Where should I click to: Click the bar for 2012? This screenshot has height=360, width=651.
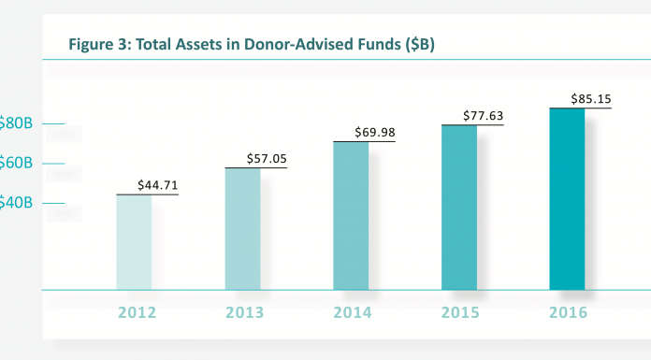134,242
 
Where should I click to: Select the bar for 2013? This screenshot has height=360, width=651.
242,229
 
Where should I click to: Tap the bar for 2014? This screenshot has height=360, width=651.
351,216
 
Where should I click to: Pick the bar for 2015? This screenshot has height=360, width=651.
459,208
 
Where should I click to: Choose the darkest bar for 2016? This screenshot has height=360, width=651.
567,199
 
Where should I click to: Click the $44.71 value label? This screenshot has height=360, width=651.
157,186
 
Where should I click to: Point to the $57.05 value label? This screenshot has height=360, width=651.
267,160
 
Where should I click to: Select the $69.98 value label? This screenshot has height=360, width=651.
375,133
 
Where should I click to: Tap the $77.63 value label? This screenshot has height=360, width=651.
484,116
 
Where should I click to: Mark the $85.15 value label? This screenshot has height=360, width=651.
591,99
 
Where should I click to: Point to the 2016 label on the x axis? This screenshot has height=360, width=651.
567,312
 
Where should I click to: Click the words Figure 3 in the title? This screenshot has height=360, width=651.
96,42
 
